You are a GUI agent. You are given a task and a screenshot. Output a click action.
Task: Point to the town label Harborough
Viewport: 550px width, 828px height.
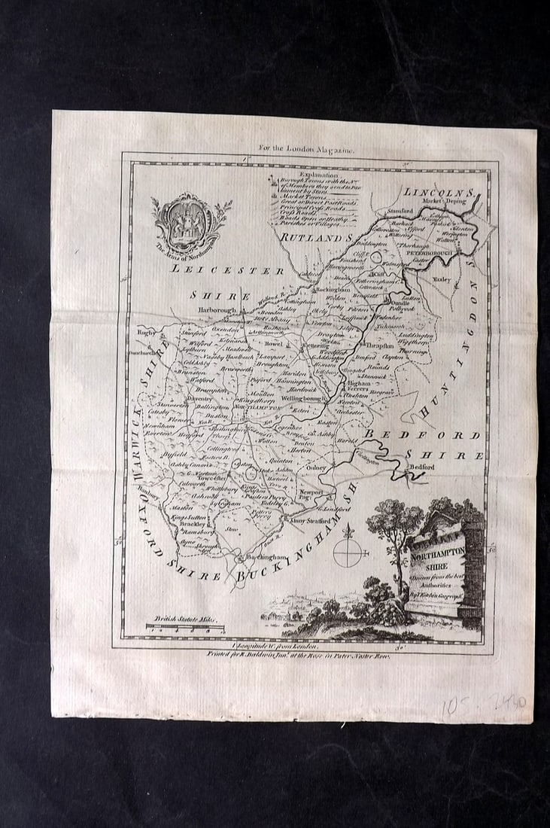pos(217,309)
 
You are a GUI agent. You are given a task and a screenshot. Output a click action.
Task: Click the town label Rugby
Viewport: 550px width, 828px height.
pos(144,331)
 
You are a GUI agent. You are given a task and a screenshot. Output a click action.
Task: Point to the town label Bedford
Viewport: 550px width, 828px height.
pos(421,467)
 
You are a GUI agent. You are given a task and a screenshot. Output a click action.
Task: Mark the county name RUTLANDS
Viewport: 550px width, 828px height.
pos(316,238)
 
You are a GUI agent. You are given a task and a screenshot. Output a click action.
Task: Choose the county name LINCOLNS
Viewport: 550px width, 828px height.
pos(438,192)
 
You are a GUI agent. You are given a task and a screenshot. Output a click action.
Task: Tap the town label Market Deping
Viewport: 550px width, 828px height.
pos(451,202)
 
